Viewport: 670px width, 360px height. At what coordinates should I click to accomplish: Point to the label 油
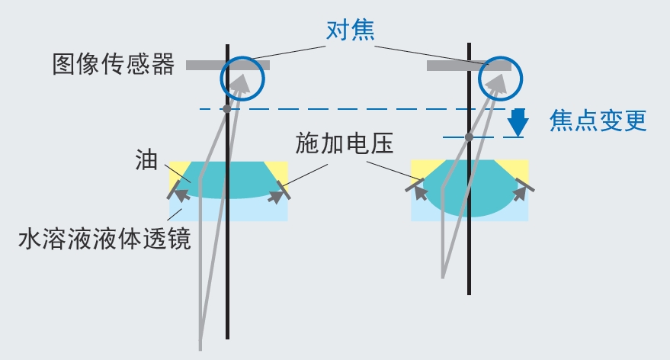pyautogui.click(x=148, y=160)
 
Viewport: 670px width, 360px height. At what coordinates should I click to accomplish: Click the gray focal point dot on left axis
pyautogui.click(x=226, y=109)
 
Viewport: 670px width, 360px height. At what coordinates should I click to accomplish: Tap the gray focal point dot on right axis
pyautogui.click(x=470, y=137)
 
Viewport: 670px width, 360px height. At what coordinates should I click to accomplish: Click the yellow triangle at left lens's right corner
pyautogui.click(x=278, y=169)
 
